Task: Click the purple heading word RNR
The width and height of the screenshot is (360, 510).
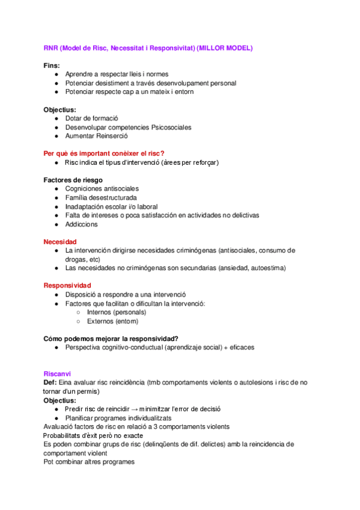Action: click(x=51, y=48)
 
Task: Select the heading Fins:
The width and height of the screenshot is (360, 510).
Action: click(x=52, y=65)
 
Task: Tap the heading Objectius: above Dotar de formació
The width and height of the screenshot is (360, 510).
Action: click(x=59, y=109)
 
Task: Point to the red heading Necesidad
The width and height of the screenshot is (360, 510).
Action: click(x=59, y=241)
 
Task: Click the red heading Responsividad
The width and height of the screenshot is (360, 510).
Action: click(x=67, y=285)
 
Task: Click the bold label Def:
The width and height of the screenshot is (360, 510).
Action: click(x=50, y=382)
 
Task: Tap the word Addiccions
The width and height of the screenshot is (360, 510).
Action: click(x=81, y=224)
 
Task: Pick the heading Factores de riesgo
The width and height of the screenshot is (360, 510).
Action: click(x=73, y=180)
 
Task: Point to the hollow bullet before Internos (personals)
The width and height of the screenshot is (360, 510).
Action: click(x=78, y=313)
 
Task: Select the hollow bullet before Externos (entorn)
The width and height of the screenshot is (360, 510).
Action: click(x=78, y=322)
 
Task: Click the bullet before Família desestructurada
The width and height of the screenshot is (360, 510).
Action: click(x=56, y=198)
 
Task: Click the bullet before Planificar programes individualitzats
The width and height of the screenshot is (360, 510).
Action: click(x=56, y=418)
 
